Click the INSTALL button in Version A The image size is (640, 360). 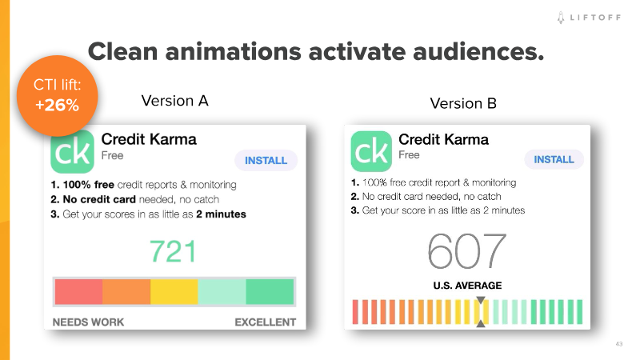tap(266, 160)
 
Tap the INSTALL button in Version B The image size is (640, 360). tap(554, 159)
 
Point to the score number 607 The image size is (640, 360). tap(467, 251)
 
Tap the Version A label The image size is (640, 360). tap(174, 101)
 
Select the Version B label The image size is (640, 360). tap(463, 103)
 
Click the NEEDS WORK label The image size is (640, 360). tap(88, 322)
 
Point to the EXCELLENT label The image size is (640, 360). tap(265, 322)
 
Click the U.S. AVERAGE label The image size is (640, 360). tap(468, 286)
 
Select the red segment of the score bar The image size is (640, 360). tap(78, 291)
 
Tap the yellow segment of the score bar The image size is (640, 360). tap(174, 291)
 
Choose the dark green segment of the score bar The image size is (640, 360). tap(270, 291)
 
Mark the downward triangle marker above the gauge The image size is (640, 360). tap(481, 302)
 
